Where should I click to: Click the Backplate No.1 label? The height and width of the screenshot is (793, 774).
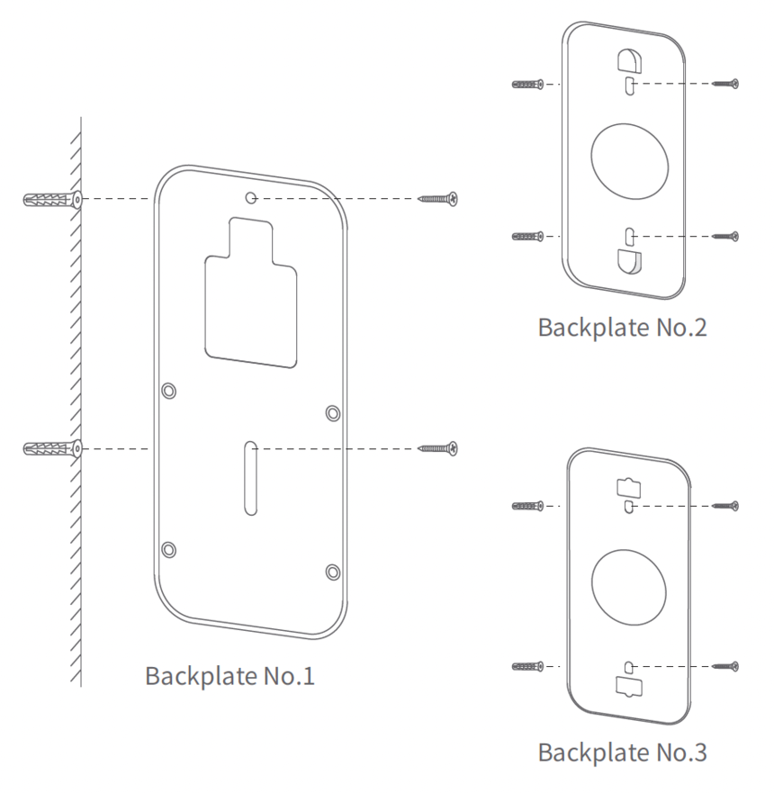pyautogui.click(x=229, y=675)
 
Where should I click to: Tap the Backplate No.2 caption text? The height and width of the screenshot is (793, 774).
pyautogui.click(x=622, y=326)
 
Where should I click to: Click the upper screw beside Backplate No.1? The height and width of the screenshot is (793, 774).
pyautogui.click(x=438, y=198)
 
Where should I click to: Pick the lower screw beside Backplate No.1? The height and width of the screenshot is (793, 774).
pyautogui.click(x=438, y=447)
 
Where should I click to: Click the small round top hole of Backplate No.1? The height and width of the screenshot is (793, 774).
pyautogui.click(x=253, y=198)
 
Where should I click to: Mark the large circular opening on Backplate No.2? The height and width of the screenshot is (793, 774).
pyautogui.click(x=630, y=159)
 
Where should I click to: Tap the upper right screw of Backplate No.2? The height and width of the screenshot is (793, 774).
pyautogui.click(x=724, y=84)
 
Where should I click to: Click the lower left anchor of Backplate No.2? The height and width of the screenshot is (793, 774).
pyautogui.click(x=527, y=237)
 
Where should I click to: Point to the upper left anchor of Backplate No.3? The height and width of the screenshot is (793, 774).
pyautogui.click(x=527, y=507)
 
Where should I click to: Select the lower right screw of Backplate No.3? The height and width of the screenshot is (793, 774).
pyautogui.click(x=724, y=666)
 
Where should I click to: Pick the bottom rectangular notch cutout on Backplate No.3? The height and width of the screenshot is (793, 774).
pyautogui.click(x=630, y=686)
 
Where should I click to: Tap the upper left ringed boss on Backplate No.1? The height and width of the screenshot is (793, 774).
pyautogui.click(x=169, y=390)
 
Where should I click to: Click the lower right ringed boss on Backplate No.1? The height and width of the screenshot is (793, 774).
pyautogui.click(x=333, y=572)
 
